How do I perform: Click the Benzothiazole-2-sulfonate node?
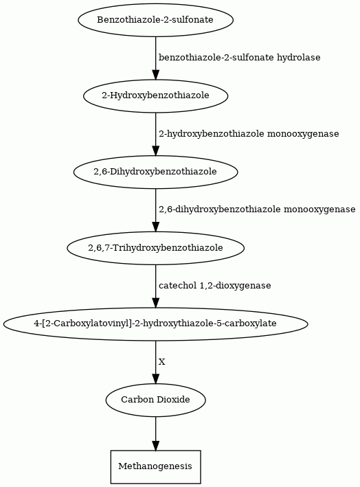(x=155, y=20)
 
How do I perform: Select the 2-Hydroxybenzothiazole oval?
(x=155, y=95)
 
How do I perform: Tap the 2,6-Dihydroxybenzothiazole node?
(x=155, y=172)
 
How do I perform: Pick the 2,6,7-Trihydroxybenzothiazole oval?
(x=155, y=248)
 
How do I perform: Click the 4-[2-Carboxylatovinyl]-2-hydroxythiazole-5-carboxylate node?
(x=155, y=324)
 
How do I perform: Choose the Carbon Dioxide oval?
(x=155, y=400)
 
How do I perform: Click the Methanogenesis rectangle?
(x=155, y=466)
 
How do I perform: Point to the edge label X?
(x=162, y=362)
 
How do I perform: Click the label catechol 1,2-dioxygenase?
(x=214, y=286)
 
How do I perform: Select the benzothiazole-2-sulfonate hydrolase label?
(x=240, y=58)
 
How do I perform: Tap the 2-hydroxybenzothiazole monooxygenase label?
(x=249, y=134)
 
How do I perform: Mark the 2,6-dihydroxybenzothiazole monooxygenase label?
(x=257, y=209)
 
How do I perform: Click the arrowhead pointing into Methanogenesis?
(x=155, y=445)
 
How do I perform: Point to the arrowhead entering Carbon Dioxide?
(x=155, y=378)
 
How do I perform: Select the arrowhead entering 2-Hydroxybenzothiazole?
(x=155, y=75)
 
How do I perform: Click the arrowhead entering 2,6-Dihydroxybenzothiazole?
(x=155, y=150)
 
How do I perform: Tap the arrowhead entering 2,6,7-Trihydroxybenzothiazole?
(x=155, y=227)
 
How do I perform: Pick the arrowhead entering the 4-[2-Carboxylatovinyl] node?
(x=155, y=302)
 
